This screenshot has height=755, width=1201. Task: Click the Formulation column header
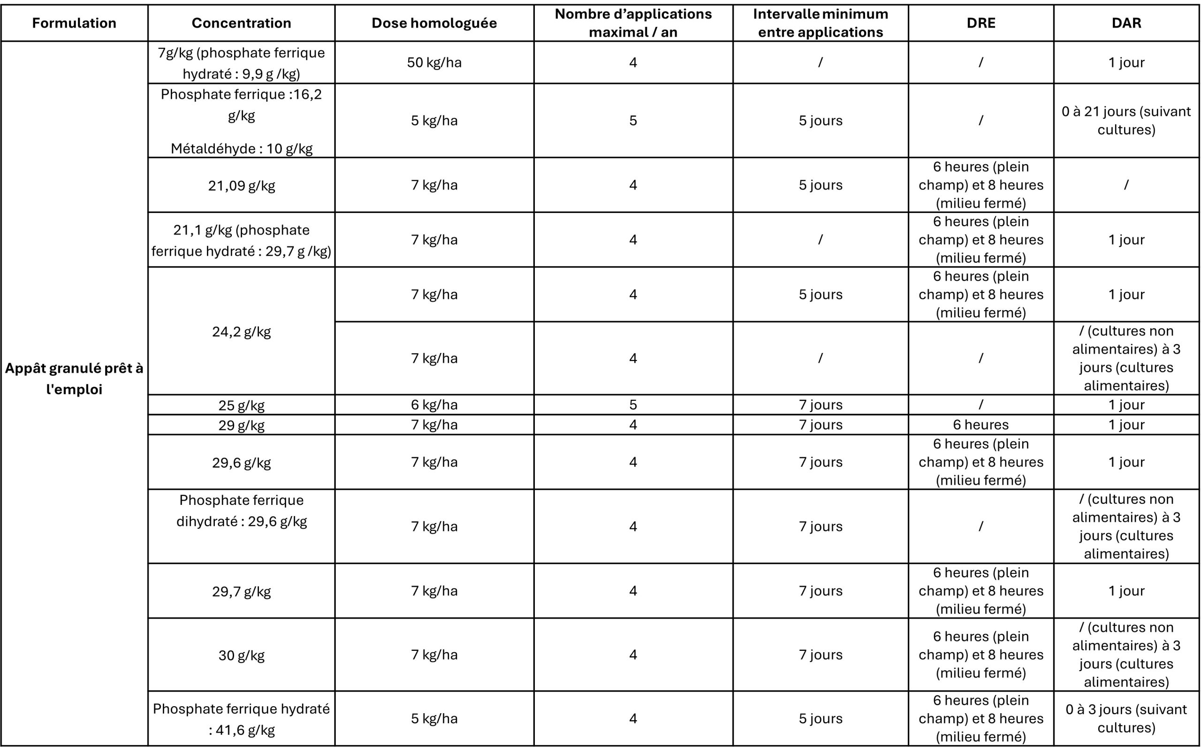[x=74, y=23]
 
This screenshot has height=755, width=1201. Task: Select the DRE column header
[x=981, y=23]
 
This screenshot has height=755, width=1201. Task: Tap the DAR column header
[x=1126, y=23]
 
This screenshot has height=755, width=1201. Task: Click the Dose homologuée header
[x=434, y=23]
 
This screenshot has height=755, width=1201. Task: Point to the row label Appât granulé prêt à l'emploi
[x=74, y=378]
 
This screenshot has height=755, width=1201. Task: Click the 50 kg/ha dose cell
[x=434, y=62]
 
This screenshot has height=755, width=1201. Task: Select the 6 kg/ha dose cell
[x=434, y=404]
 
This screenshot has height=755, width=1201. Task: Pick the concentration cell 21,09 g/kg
[x=242, y=185]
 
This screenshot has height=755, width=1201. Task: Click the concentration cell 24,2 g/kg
[x=242, y=331]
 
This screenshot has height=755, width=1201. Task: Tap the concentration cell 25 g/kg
[x=242, y=404]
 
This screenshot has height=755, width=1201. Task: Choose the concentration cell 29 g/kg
[x=242, y=425]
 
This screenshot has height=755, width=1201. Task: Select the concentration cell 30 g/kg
[x=242, y=655]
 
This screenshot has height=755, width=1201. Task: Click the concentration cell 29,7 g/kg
[x=242, y=591]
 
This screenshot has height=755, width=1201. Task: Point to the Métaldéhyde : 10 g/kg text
[x=242, y=148]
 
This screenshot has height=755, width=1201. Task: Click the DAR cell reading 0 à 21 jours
[x=1126, y=120]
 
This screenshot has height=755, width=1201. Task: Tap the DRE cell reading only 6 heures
[x=981, y=425]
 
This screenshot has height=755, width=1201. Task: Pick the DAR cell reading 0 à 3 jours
[x=1126, y=718]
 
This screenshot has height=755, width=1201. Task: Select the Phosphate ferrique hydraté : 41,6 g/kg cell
[x=242, y=719]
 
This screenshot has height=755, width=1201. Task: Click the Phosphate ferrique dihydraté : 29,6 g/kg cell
[x=242, y=511]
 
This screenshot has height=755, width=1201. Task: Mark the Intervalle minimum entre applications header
[x=821, y=23]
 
